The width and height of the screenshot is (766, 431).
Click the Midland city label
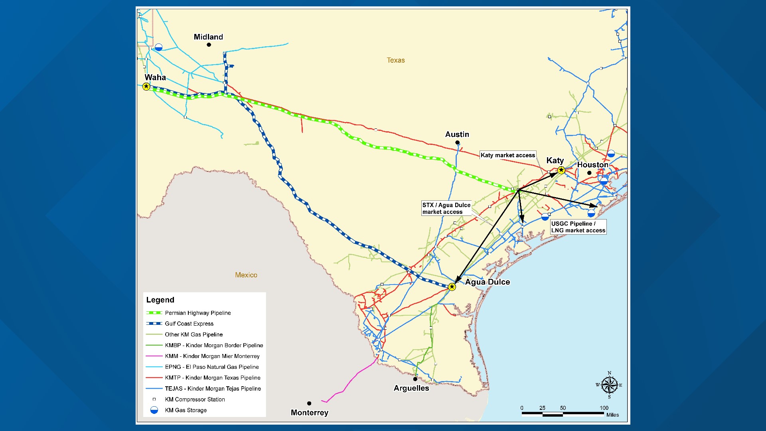point(208,37)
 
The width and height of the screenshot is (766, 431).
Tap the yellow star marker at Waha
point(146,87)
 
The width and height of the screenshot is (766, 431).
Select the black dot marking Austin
point(457,142)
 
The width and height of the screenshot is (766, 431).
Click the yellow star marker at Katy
point(561,170)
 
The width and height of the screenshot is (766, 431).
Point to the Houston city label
point(592,165)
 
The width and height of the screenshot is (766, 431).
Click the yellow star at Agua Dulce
point(452,287)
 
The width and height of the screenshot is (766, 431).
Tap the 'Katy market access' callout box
point(507,155)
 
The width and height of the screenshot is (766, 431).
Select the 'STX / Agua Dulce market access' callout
point(446,208)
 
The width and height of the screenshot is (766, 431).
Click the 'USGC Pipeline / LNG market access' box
point(578,227)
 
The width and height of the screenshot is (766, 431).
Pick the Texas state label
point(396,60)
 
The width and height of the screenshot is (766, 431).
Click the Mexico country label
point(246,275)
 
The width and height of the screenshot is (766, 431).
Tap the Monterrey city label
point(310,413)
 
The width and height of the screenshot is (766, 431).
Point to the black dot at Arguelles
point(415,379)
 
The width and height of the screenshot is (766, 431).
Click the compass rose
point(609,385)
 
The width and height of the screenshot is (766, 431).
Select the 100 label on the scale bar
point(604,408)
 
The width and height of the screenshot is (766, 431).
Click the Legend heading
point(160,300)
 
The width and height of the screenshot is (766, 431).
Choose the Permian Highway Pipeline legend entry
point(198,313)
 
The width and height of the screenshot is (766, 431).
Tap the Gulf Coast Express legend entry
point(189,324)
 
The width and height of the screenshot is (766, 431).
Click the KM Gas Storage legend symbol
point(154,410)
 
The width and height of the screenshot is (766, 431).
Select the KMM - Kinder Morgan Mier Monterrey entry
point(212,356)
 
